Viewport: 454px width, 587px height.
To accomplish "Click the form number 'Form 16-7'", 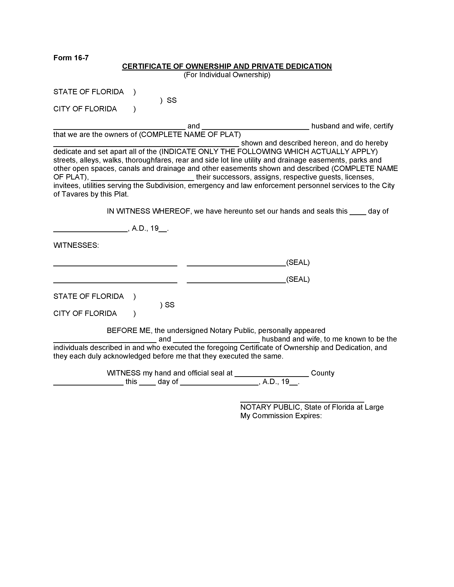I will point(71,58).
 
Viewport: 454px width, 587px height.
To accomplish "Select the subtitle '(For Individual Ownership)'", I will point(227,75).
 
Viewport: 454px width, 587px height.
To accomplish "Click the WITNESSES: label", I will point(76,245).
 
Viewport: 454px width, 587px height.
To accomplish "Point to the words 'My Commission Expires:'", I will point(281,416).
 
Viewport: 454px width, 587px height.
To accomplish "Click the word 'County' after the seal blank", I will point(322,373).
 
